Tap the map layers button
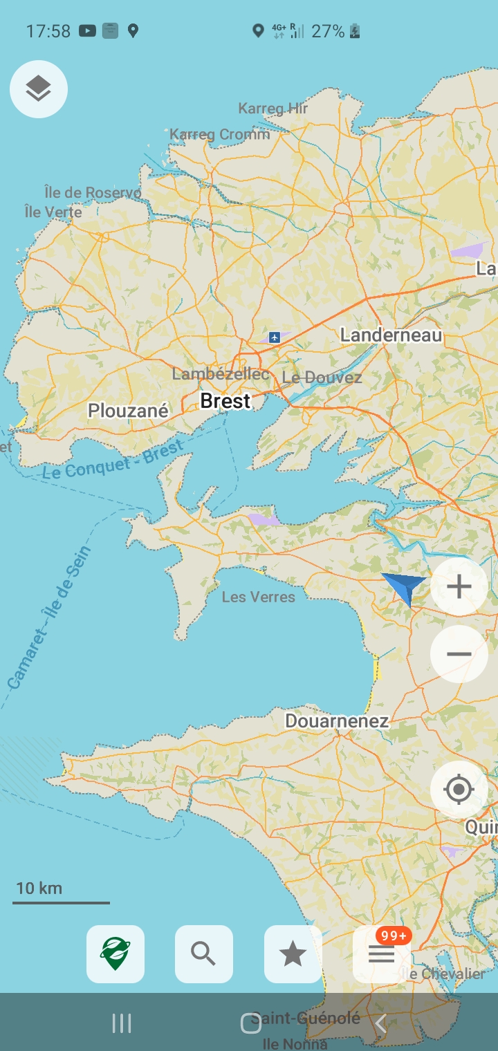pyautogui.click(x=39, y=89)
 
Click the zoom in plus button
pyautogui.click(x=459, y=586)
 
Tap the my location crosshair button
pyautogui.click(x=459, y=789)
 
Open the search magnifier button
pyautogui.click(x=203, y=954)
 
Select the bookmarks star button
pyautogui.click(x=293, y=954)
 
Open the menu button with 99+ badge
pyautogui.click(x=381, y=954)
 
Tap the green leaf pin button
pyautogui.click(x=115, y=954)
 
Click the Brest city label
pyautogui.click(x=225, y=401)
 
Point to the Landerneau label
pyautogui.click(x=391, y=335)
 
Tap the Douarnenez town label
pyautogui.click(x=336, y=721)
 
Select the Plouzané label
pyautogui.click(x=128, y=411)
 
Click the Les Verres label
pyautogui.click(x=258, y=597)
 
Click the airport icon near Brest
pyautogui.click(x=275, y=337)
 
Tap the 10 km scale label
pyautogui.click(x=39, y=888)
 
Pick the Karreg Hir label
pyautogui.click(x=273, y=109)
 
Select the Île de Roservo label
pyautogui.click(x=93, y=192)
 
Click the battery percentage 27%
pyautogui.click(x=327, y=31)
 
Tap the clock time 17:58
pyautogui.click(x=48, y=31)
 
